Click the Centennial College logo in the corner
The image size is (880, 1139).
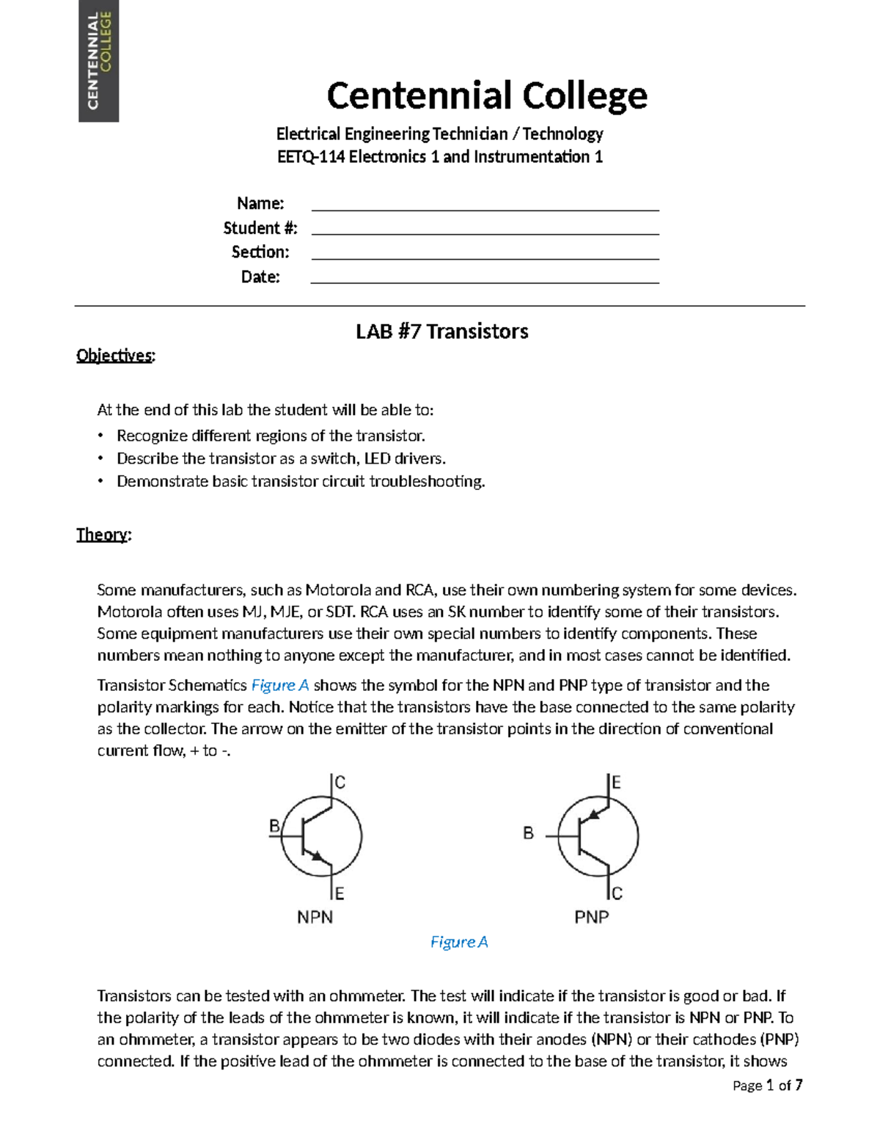[98, 61]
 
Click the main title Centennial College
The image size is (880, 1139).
[487, 96]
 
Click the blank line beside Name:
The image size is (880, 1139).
[485, 205]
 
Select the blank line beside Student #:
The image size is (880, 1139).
[485, 229]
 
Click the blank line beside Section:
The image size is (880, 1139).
[485, 253]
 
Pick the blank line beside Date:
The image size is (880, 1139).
[485, 277]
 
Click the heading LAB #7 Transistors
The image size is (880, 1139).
[441, 332]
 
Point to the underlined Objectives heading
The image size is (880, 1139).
[115, 356]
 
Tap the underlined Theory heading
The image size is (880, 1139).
[103, 535]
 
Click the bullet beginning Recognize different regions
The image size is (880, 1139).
[271, 436]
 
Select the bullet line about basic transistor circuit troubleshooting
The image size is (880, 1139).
[301, 481]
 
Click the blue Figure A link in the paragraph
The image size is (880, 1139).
[279, 685]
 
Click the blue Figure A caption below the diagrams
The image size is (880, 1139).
[459, 942]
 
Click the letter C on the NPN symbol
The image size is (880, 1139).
[340, 783]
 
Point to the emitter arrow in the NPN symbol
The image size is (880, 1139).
[317, 856]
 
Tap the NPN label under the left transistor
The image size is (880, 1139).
[315, 917]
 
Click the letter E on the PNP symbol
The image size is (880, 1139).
[616, 783]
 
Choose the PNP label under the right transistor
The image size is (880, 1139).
[591, 917]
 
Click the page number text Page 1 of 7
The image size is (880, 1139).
[767, 1085]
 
